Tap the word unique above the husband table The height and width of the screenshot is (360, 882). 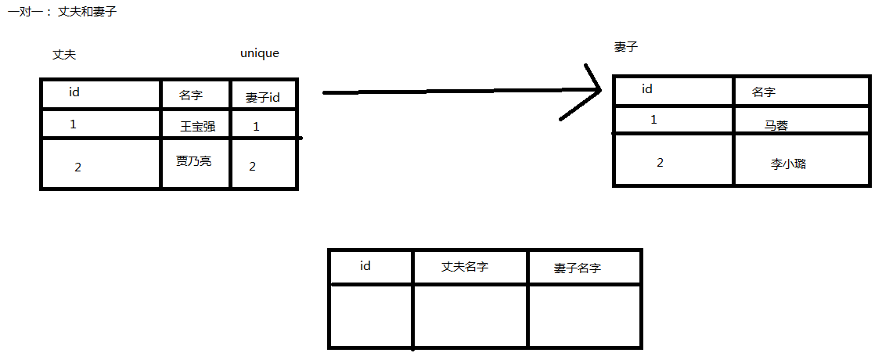coord(260,53)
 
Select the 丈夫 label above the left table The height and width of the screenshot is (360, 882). coord(64,55)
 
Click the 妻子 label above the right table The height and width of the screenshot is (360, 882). coord(626,47)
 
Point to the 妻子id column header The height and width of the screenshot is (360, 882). coord(262,97)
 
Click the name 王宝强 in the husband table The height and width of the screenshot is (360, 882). coord(197,126)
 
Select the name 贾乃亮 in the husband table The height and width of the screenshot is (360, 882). coord(193,160)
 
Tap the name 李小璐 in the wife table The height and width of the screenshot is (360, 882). coord(788,164)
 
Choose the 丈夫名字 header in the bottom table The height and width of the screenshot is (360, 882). coord(465,267)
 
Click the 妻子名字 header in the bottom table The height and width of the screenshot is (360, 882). coord(578,268)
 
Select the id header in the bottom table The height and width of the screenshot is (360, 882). coord(365,265)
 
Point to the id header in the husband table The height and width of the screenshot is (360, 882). coord(74,92)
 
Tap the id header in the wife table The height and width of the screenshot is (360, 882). coord(647,89)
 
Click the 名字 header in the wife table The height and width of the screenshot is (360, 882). coord(763,92)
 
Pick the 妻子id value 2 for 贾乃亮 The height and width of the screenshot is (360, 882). coord(253,166)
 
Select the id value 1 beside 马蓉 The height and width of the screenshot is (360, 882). coord(654,120)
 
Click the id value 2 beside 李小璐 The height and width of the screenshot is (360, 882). coord(660,162)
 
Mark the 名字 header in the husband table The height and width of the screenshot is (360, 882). coord(191,95)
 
